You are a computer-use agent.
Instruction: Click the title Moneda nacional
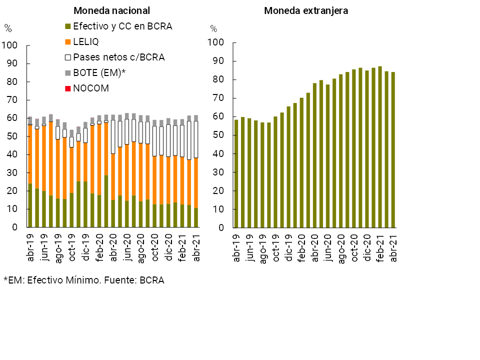pyautogui.click(x=111, y=10)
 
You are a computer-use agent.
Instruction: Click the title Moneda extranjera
pyautogui.click(x=306, y=10)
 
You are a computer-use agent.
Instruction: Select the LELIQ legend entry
pyautogui.click(x=86, y=42)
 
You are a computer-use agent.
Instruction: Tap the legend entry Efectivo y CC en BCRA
pyautogui.click(x=122, y=26)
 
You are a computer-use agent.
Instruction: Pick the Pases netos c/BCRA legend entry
pyautogui.click(x=118, y=57)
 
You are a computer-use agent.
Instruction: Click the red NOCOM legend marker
pyautogui.click(x=68, y=88)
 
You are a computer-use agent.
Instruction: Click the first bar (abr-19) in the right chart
pyautogui.click(x=236, y=173)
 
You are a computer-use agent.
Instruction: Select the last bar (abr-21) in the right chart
pyautogui.click(x=393, y=150)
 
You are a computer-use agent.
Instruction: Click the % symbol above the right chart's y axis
pyautogui.click(x=213, y=29)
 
